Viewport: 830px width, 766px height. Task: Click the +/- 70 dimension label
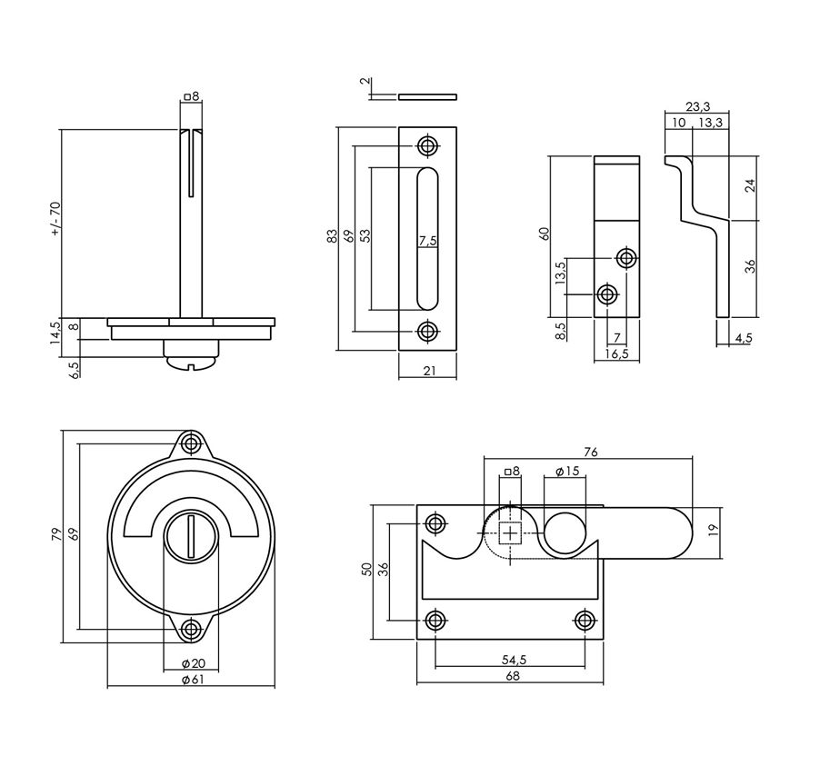(x=56, y=218)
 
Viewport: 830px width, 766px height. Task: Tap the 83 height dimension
(x=332, y=236)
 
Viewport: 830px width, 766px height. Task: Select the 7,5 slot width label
(x=427, y=241)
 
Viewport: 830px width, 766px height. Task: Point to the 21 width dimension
(x=429, y=371)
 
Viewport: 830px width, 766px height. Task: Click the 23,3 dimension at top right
(x=697, y=106)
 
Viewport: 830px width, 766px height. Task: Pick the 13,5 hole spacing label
(x=561, y=273)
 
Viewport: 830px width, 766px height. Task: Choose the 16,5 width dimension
(x=616, y=353)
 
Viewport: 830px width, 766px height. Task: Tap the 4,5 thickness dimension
(x=743, y=338)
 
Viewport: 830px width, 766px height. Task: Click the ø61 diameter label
(x=193, y=680)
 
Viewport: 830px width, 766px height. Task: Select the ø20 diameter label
(x=194, y=664)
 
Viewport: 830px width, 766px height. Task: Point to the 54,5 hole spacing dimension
(x=514, y=660)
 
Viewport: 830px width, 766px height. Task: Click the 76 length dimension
(x=591, y=452)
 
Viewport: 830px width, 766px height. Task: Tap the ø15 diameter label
(x=567, y=471)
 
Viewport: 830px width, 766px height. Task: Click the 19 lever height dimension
(x=713, y=531)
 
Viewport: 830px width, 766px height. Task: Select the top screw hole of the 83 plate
(x=427, y=145)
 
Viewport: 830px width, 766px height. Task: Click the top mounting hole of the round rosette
(x=191, y=443)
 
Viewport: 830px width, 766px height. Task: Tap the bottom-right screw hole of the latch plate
(x=585, y=620)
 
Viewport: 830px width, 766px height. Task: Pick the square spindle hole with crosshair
(x=510, y=532)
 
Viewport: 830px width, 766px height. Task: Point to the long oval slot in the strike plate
(x=427, y=238)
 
